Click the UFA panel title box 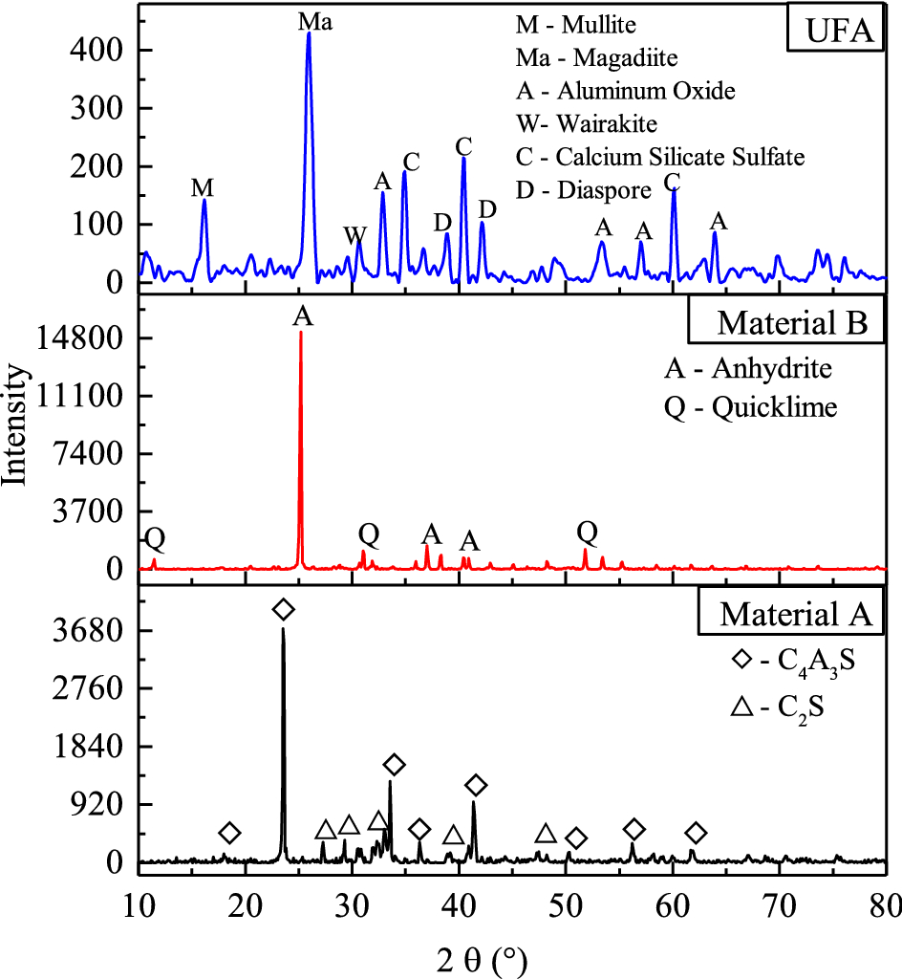pos(833,32)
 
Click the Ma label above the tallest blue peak pos(315,19)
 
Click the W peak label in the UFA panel pos(354,234)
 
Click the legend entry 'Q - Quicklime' pos(751,408)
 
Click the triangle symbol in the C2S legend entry pos(742,708)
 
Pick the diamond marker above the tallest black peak pos(283,610)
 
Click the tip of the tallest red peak pos(301,333)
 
